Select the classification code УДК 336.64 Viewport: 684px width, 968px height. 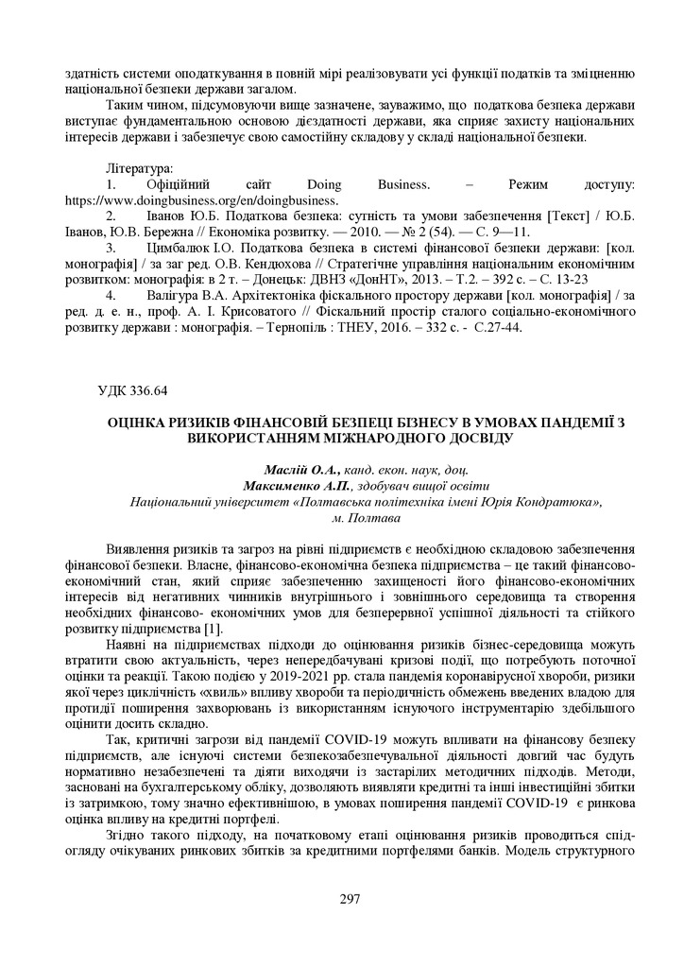coord(135,389)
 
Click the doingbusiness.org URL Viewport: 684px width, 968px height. coord(201,199)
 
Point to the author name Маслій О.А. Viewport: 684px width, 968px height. coord(300,470)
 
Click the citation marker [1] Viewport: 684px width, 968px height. coord(214,629)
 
